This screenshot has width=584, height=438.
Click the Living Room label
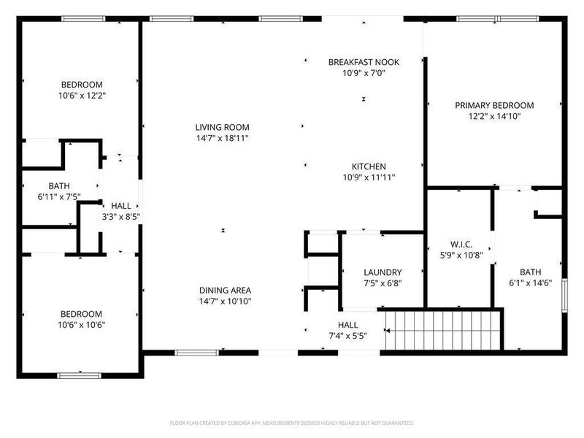tap(223, 127)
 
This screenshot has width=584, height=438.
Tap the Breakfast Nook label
tap(363, 63)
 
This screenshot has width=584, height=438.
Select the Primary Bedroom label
tap(494, 105)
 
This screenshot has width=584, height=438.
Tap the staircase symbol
tap(444, 331)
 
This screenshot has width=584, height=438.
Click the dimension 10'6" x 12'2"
tap(81, 95)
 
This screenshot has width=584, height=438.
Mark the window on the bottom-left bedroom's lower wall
tap(79, 375)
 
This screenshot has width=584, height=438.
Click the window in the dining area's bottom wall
tap(196, 353)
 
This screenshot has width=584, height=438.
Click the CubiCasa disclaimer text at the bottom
tap(292, 423)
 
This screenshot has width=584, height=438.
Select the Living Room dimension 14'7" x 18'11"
tap(223, 138)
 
